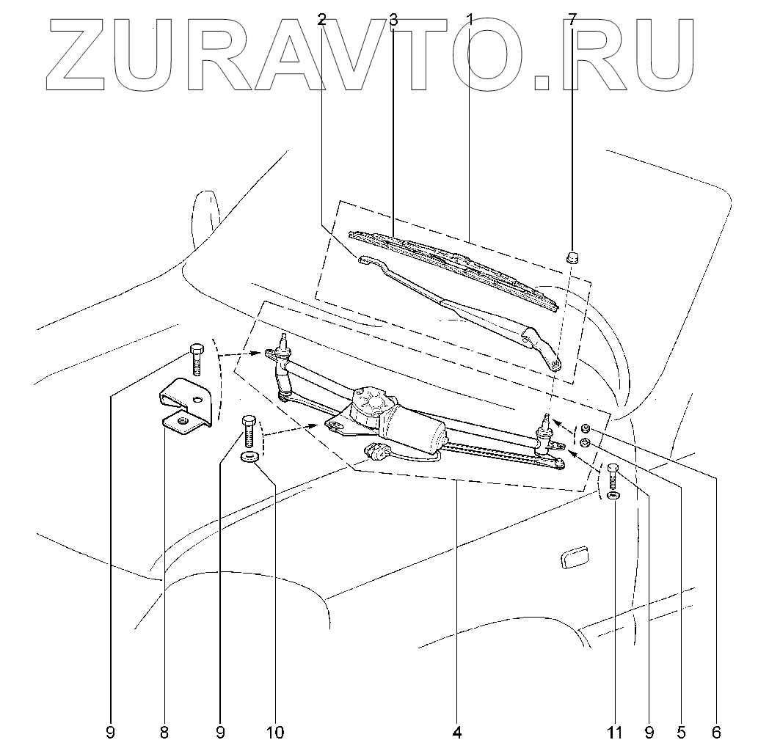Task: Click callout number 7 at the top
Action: coord(574,20)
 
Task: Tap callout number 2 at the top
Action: coord(322,20)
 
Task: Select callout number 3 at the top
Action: coord(393,20)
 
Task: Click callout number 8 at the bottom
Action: coord(164,731)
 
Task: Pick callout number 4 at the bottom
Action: coord(456,731)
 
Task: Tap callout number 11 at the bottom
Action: coord(615,731)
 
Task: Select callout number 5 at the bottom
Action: coord(681,731)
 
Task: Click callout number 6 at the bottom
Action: coord(716,731)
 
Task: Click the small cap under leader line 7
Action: coord(572,257)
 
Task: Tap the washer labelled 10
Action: coord(249,459)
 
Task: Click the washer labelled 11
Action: coord(613,497)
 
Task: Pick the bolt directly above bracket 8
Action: coord(196,359)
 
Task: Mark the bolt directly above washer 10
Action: coord(248,433)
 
